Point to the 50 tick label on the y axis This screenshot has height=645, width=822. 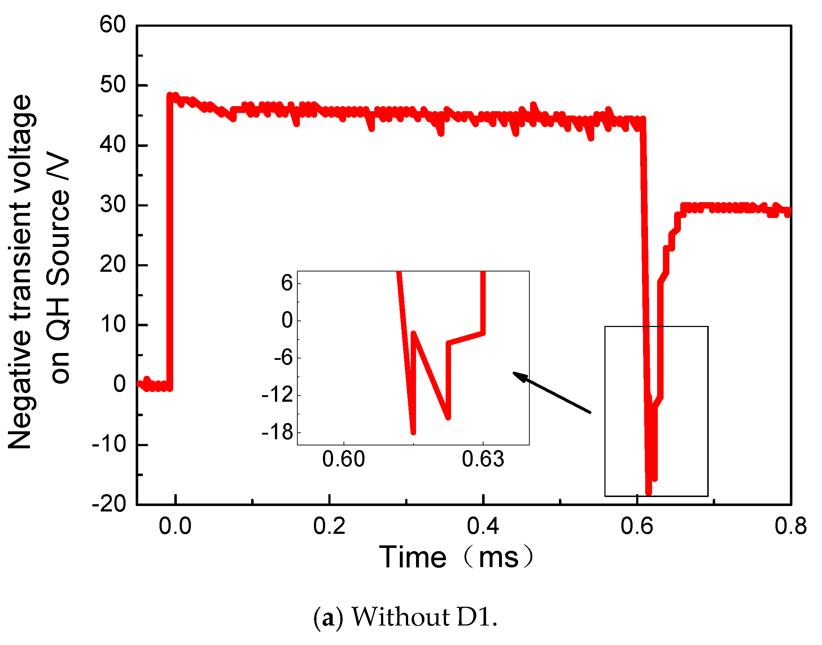tap(113, 85)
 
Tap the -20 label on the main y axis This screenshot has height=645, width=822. tap(109, 504)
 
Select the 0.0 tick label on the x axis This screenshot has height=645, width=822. tap(175, 526)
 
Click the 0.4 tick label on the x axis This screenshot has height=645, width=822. tap(483, 526)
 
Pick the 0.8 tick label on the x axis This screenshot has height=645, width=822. tap(791, 526)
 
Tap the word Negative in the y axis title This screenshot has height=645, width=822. tap(19, 389)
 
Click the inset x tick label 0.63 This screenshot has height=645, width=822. tap(483, 459)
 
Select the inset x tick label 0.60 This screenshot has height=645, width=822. tap(344, 459)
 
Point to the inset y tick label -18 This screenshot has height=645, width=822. tap(277, 432)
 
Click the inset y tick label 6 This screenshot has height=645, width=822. tap(287, 283)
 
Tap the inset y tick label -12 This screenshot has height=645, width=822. tap(277, 395)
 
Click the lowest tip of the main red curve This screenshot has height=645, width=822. tap(649, 492)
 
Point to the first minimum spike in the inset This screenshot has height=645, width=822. tap(413, 433)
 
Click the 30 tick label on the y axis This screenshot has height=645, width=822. tap(113, 205)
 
